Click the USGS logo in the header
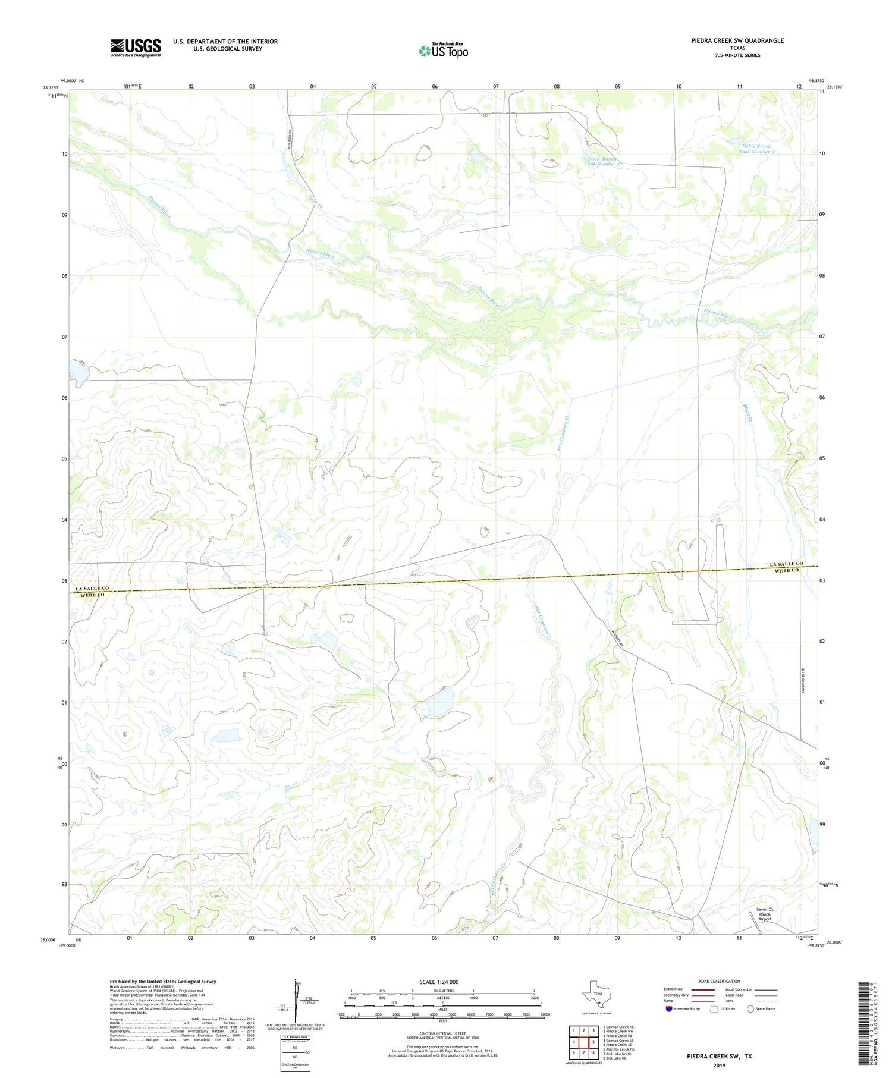(136, 48)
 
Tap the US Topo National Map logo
(444, 51)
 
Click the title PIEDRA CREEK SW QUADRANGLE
(729, 40)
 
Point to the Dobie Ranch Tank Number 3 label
(756, 149)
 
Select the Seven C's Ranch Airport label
(764, 914)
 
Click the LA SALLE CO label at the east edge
(786, 564)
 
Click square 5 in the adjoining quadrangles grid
(593, 1042)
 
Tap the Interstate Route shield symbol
(669, 1009)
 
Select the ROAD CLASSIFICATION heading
(719, 981)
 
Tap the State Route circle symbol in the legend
(750, 1009)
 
